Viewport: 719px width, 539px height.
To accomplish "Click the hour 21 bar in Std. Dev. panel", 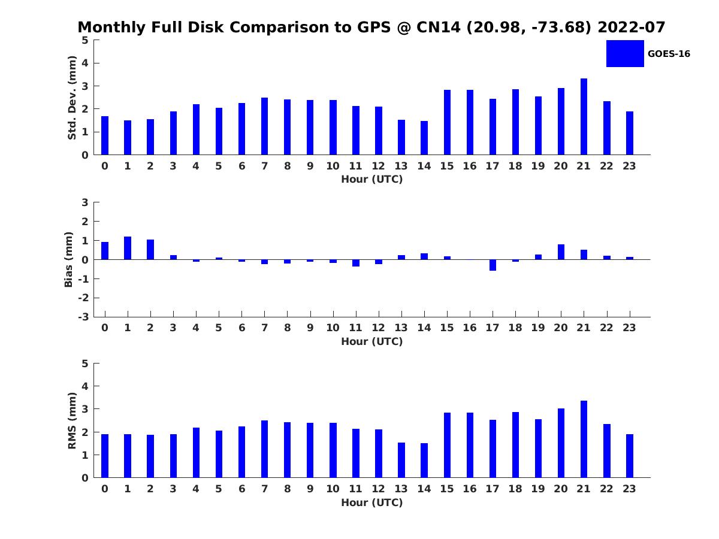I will click(584, 117).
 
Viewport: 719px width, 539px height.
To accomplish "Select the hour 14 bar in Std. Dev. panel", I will click(424, 138).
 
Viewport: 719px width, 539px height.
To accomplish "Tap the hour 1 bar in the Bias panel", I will click(128, 248).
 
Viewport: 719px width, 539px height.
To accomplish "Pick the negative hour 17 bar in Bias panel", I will click(493, 265).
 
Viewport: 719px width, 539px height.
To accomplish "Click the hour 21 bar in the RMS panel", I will click(584, 439).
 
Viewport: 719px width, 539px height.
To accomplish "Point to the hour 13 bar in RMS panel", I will click(401, 460).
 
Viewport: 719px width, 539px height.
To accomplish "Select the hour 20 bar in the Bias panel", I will click(561, 252).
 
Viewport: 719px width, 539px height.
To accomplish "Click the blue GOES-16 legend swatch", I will click(625, 53).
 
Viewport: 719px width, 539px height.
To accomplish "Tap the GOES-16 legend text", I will click(669, 54).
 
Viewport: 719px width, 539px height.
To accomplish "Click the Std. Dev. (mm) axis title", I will click(72, 98).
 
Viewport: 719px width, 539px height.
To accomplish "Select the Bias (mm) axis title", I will click(69, 259).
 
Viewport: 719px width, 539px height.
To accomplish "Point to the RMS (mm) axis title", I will click(72, 420).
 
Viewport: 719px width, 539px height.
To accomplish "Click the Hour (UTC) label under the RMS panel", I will click(371, 502).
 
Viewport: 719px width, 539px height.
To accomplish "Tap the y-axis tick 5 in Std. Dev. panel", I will click(86, 40).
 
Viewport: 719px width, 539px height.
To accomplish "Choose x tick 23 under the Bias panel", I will click(629, 328).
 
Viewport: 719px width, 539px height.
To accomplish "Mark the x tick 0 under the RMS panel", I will click(105, 489).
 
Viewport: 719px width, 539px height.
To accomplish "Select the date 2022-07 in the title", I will click(632, 28).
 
